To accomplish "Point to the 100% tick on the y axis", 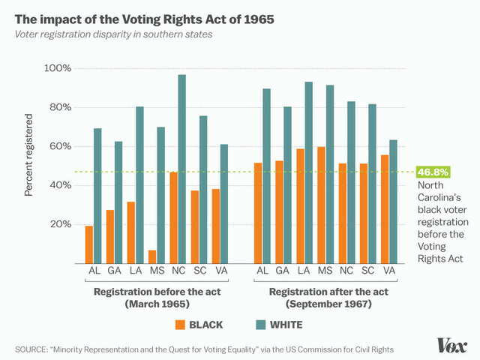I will [x=57, y=68].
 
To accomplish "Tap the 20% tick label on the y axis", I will [x=60, y=224].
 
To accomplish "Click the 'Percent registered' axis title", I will [x=29, y=155].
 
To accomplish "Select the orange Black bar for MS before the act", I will [x=152, y=256].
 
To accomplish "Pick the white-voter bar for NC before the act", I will [x=182, y=168].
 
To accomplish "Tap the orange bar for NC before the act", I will [x=173, y=217].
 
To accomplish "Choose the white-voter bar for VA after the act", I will [x=394, y=200].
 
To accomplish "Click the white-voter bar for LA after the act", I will [x=309, y=172].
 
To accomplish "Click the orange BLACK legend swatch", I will [x=179, y=325].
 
